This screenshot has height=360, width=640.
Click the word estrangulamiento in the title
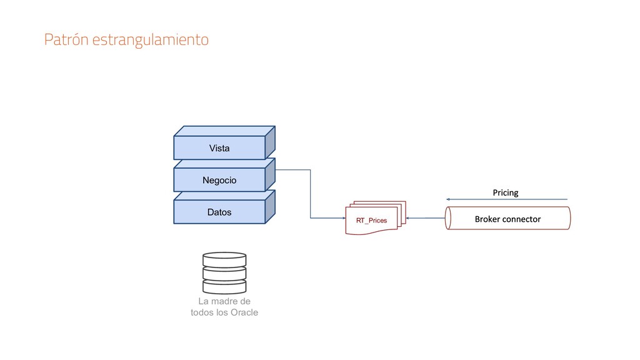150,41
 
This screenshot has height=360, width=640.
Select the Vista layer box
219,148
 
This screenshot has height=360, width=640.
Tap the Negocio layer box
219,180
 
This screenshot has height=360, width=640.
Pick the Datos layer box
219,212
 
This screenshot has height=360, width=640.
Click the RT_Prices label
371,221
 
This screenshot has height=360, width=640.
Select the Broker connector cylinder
507,219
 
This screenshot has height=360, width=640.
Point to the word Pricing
506,192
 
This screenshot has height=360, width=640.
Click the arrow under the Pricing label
507,199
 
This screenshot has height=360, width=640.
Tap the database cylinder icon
224,273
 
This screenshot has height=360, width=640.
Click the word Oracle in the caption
244,312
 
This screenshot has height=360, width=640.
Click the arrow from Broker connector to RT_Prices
425,218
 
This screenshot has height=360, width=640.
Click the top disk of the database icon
224,259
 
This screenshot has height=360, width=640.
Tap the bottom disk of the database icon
224,287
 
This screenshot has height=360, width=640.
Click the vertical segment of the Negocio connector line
311,194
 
